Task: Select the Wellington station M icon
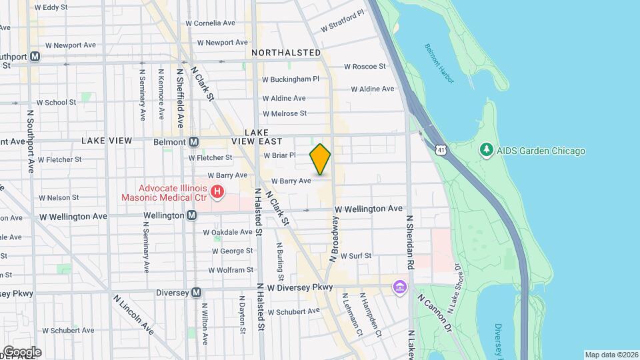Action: coord(192,215)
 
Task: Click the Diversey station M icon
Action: coord(196,292)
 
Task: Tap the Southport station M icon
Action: coord(35,57)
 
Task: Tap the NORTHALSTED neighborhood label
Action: coord(286,53)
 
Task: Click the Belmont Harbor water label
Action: coord(439,63)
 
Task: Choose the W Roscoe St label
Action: coord(365,67)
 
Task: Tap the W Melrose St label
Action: coord(285,114)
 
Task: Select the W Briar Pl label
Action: coord(279,155)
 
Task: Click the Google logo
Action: coord(21,352)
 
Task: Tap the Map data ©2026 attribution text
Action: coord(611,355)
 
